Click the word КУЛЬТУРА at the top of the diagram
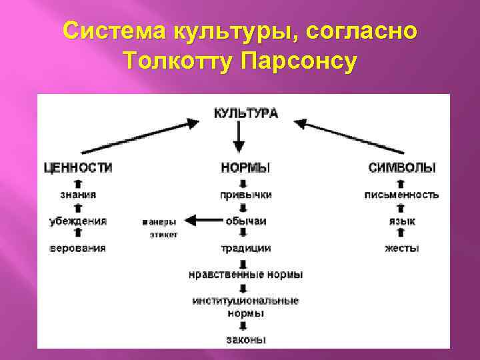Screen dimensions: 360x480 [246, 114]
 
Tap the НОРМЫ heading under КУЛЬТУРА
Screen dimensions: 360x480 [241, 167]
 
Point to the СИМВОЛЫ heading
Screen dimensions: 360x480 [402, 167]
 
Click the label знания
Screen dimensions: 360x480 [78, 195]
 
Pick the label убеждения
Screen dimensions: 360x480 [78, 221]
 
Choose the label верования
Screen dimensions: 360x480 [78, 248]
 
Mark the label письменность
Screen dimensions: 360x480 [401, 195]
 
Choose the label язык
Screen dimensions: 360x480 [401, 221]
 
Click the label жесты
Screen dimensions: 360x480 [401, 248]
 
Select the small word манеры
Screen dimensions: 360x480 [159, 221]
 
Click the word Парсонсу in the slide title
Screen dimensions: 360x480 [300, 61]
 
